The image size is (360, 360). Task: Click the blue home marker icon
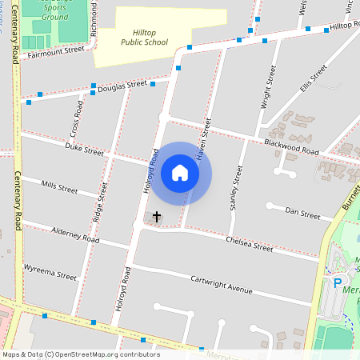180,173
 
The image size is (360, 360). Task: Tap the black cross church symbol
157,217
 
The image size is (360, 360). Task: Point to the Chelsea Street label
250,242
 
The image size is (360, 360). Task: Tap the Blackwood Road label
290,147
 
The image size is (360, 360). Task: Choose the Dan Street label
302,215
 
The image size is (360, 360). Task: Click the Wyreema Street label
50,272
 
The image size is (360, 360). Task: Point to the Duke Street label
85,150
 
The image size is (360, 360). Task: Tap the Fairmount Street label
55,50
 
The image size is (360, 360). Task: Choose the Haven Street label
206,135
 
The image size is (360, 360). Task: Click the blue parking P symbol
337,283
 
